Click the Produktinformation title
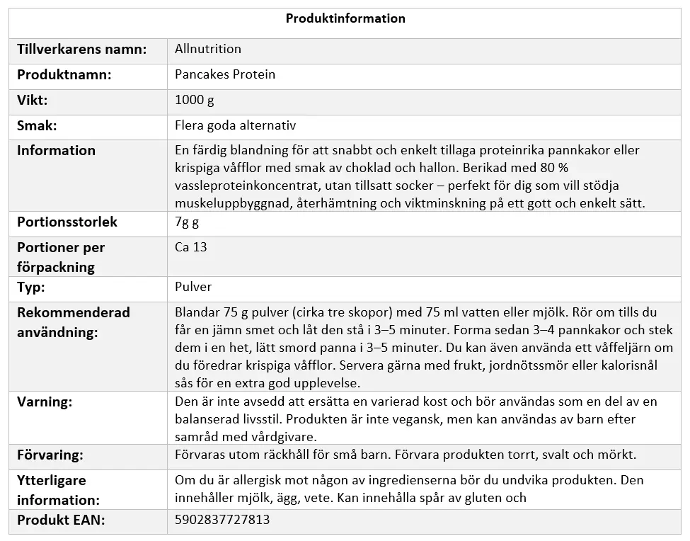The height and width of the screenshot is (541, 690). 345,19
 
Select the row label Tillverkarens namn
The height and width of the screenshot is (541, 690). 82,50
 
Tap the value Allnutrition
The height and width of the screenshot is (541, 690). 208,50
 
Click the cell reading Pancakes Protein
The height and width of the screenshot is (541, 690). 225,75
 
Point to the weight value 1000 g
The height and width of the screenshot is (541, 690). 194,101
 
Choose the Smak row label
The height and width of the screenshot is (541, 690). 37,126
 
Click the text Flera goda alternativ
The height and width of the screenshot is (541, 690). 235,126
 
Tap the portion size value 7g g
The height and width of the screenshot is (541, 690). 188,222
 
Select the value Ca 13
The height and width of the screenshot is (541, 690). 190,248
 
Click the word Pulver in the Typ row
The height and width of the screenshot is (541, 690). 193,287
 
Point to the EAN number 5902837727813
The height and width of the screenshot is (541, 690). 222,520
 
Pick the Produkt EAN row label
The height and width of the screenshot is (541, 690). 61,520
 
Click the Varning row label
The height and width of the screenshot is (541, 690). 45,402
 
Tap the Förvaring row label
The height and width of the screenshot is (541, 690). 50,455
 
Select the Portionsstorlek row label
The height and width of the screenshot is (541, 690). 67,222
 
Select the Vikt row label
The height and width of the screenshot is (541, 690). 33,101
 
